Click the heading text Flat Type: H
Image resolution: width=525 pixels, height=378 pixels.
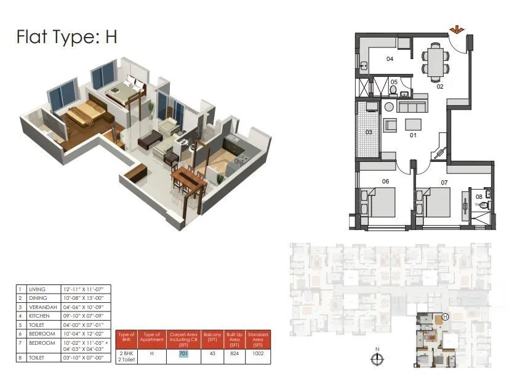[x=67, y=37]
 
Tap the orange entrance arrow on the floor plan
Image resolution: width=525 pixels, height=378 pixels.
[x=456, y=30]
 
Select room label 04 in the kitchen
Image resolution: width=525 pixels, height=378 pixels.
[x=390, y=59]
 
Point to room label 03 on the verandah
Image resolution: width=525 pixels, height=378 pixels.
[x=369, y=132]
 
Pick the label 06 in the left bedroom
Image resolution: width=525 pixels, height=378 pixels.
[x=386, y=181]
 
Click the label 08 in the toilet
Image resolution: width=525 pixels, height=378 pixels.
[x=479, y=198]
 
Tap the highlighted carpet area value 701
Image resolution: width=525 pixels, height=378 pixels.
[x=183, y=354]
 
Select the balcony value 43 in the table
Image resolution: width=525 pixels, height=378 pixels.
[x=213, y=354]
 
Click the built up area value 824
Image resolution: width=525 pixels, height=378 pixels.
[x=234, y=354]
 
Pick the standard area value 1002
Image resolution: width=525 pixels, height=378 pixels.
[x=258, y=354]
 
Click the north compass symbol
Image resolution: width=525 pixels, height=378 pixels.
[x=377, y=358]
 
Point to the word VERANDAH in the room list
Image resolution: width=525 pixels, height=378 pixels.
[x=42, y=307]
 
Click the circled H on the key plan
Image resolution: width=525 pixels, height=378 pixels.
[x=444, y=317]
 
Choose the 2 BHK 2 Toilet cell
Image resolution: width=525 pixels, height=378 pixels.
[x=126, y=354]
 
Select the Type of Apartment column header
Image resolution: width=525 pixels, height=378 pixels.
[x=151, y=338]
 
